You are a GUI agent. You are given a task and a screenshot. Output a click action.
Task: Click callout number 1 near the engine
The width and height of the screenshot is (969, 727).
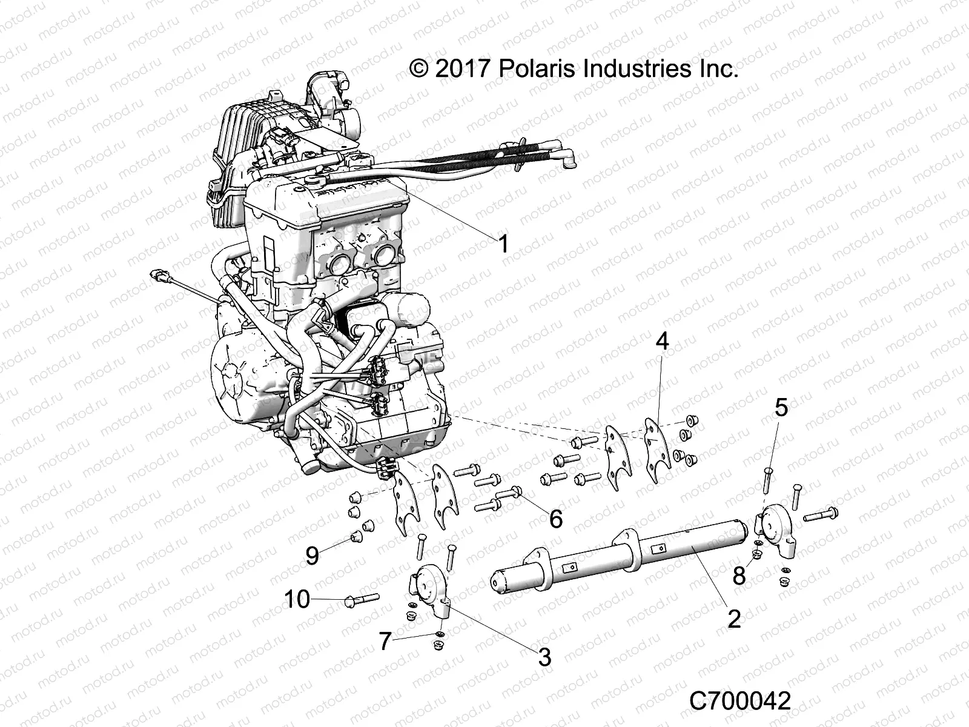coord(503,244)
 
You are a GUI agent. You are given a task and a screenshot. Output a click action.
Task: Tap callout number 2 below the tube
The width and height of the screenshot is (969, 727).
coord(734,619)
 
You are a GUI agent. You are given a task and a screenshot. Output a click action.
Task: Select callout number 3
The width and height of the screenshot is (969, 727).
coord(544,656)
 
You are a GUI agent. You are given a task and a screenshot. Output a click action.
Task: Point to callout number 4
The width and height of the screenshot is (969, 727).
coord(663,341)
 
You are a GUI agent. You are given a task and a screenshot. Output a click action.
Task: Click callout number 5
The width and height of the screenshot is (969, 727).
coord(781,408)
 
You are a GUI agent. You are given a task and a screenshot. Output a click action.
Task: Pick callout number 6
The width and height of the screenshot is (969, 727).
coord(555,519)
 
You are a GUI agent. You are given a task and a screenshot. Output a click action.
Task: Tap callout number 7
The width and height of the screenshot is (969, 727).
coord(385,642)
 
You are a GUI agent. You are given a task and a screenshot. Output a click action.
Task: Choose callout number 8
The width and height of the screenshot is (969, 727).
coord(738,575)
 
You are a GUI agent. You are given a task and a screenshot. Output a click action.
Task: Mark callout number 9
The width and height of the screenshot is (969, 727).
coord(312,555)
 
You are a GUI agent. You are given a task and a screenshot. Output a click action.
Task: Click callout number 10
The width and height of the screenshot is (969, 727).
coord(297,599)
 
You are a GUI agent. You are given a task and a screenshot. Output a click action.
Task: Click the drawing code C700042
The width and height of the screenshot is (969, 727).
coord(740,701)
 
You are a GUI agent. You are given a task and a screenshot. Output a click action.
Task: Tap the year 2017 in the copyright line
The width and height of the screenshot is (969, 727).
coord(461,68)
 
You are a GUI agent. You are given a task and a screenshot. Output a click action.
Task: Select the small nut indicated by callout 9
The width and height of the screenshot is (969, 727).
coord(357,535)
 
